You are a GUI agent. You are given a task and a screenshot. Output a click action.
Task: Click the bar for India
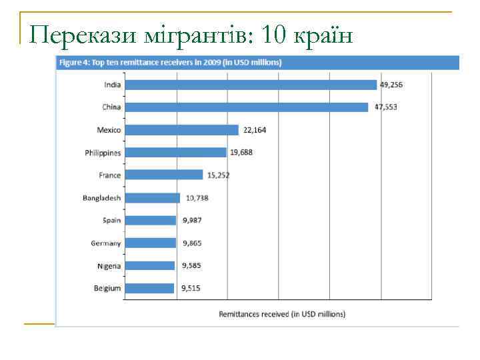[x=251, y=85]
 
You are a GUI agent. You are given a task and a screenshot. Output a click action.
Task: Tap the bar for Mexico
[x=181, y=130]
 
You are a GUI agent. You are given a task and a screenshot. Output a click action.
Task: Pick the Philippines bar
[x=175, y=153]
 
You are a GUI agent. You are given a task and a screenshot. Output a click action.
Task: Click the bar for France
[x=164, y=175]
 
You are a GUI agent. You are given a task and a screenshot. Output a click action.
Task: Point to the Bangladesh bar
[x=153, y=198]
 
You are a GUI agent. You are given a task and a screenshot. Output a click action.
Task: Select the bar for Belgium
[x=149, y=288]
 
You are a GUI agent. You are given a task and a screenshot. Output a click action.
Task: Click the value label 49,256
[x=391, y=85]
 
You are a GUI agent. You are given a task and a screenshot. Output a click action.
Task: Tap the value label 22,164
[x=254, y=130]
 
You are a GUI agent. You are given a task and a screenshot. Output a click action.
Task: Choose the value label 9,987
[x=191, y=221]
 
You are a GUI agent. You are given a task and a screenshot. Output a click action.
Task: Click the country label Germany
[x=106, y=243]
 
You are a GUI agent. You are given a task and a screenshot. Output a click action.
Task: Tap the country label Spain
[x=112, y=221]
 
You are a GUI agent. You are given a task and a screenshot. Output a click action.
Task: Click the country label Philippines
[x=103, y=153]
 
